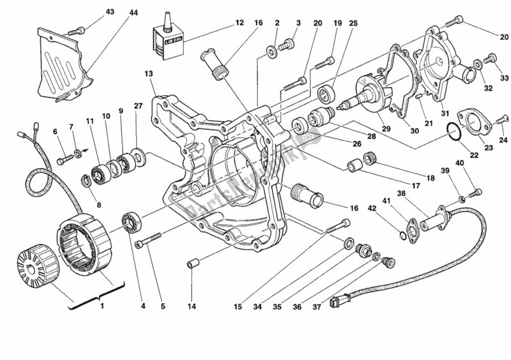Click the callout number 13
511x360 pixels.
click(x=149, y=74)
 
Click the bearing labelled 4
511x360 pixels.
click(x=132, y=222)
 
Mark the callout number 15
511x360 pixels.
click(x=237, y=306)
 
